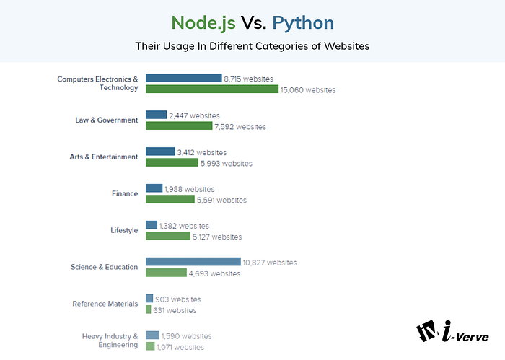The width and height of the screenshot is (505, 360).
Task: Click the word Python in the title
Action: (x=302, y=22)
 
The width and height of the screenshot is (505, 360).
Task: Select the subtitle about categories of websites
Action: (x=252, y=46)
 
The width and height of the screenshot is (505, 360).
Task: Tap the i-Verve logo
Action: (x=452, y=331)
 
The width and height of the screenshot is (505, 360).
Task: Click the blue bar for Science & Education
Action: (x=193, y=262)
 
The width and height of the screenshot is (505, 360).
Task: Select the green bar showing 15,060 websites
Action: (x=211, y=89)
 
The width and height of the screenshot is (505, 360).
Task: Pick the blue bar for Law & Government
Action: (x=156, y=115)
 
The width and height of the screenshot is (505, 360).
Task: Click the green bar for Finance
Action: (x=170, y=200)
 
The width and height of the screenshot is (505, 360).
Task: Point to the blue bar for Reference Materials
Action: (x=149, y=299)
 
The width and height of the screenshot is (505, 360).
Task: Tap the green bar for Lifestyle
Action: (x=167, y=236)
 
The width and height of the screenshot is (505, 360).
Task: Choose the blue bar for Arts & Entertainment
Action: (x=160, y=152)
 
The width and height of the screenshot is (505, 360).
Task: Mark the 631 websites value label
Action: (x=175, y=310)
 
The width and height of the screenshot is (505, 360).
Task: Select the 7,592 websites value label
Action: (x=241, y=126)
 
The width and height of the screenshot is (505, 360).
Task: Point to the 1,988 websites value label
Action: (x=189, y=188)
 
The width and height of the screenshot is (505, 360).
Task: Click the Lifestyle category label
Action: (x=123, y=230)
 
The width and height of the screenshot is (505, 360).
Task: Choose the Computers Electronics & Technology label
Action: (x=97, y=83)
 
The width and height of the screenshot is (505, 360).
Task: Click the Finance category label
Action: (x=125, y=193)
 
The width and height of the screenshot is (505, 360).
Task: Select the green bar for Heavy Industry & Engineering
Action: (x=149, y=346)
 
